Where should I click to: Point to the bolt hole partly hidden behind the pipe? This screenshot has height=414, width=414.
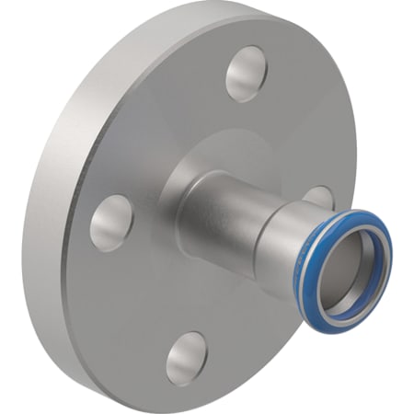pos(318,196)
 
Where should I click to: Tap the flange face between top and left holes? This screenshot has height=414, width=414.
pos(166,129)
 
